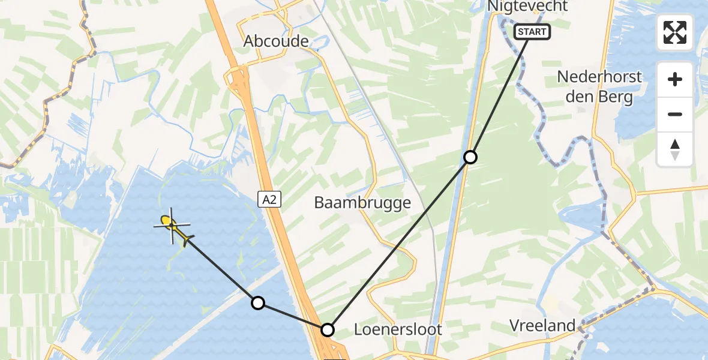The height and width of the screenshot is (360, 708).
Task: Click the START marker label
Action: pyautogui.click(x=532, y=32)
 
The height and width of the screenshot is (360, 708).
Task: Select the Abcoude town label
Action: pyautogui.click(x=276, y=41)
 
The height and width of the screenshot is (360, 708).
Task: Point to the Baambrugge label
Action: pyautogui.click(x=362, y=203)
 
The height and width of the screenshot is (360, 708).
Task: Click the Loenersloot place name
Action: pyautogui.click(x=398, y=329)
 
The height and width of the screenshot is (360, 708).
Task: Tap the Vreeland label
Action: pyautogui.click(x=542, y=326)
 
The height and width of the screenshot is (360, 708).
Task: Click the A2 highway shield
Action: pyautogui.click(x=269, y=199)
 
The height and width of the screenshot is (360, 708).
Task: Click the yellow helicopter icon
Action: pyautogui.click(x=174, y=227)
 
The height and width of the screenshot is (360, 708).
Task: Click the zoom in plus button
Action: pyautogui.click(x=675, y=79)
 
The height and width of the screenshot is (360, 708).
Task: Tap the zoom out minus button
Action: pyautogui.click(x=675, y=114)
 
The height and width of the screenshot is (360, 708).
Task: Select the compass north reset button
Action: pyautogui.click(x=675, y=149)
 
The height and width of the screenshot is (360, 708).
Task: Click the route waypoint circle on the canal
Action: pyautogui.click(x=471, y=157)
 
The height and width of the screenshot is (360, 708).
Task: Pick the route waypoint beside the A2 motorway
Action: pyautogui.click(x=328, y=329)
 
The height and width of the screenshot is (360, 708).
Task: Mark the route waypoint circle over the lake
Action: pyautogui.click(x=258, y=303)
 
